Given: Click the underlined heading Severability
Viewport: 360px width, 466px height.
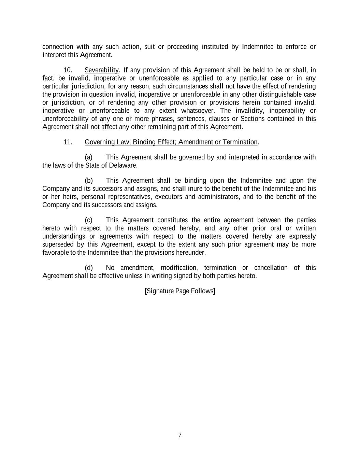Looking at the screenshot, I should (101, 70).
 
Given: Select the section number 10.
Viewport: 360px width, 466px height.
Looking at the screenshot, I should (68, 70).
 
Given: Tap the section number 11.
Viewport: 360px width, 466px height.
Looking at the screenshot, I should (68, 142).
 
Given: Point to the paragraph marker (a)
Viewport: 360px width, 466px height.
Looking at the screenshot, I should (88, 157).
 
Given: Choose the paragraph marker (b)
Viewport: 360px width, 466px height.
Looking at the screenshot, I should (88, 181).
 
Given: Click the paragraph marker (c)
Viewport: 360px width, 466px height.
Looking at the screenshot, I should (88, 220).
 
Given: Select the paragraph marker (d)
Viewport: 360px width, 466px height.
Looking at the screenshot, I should (88, 268).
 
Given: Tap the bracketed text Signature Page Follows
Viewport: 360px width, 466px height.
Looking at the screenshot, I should (180, 291).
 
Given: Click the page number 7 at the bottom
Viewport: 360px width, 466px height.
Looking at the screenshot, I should (180, 435).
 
